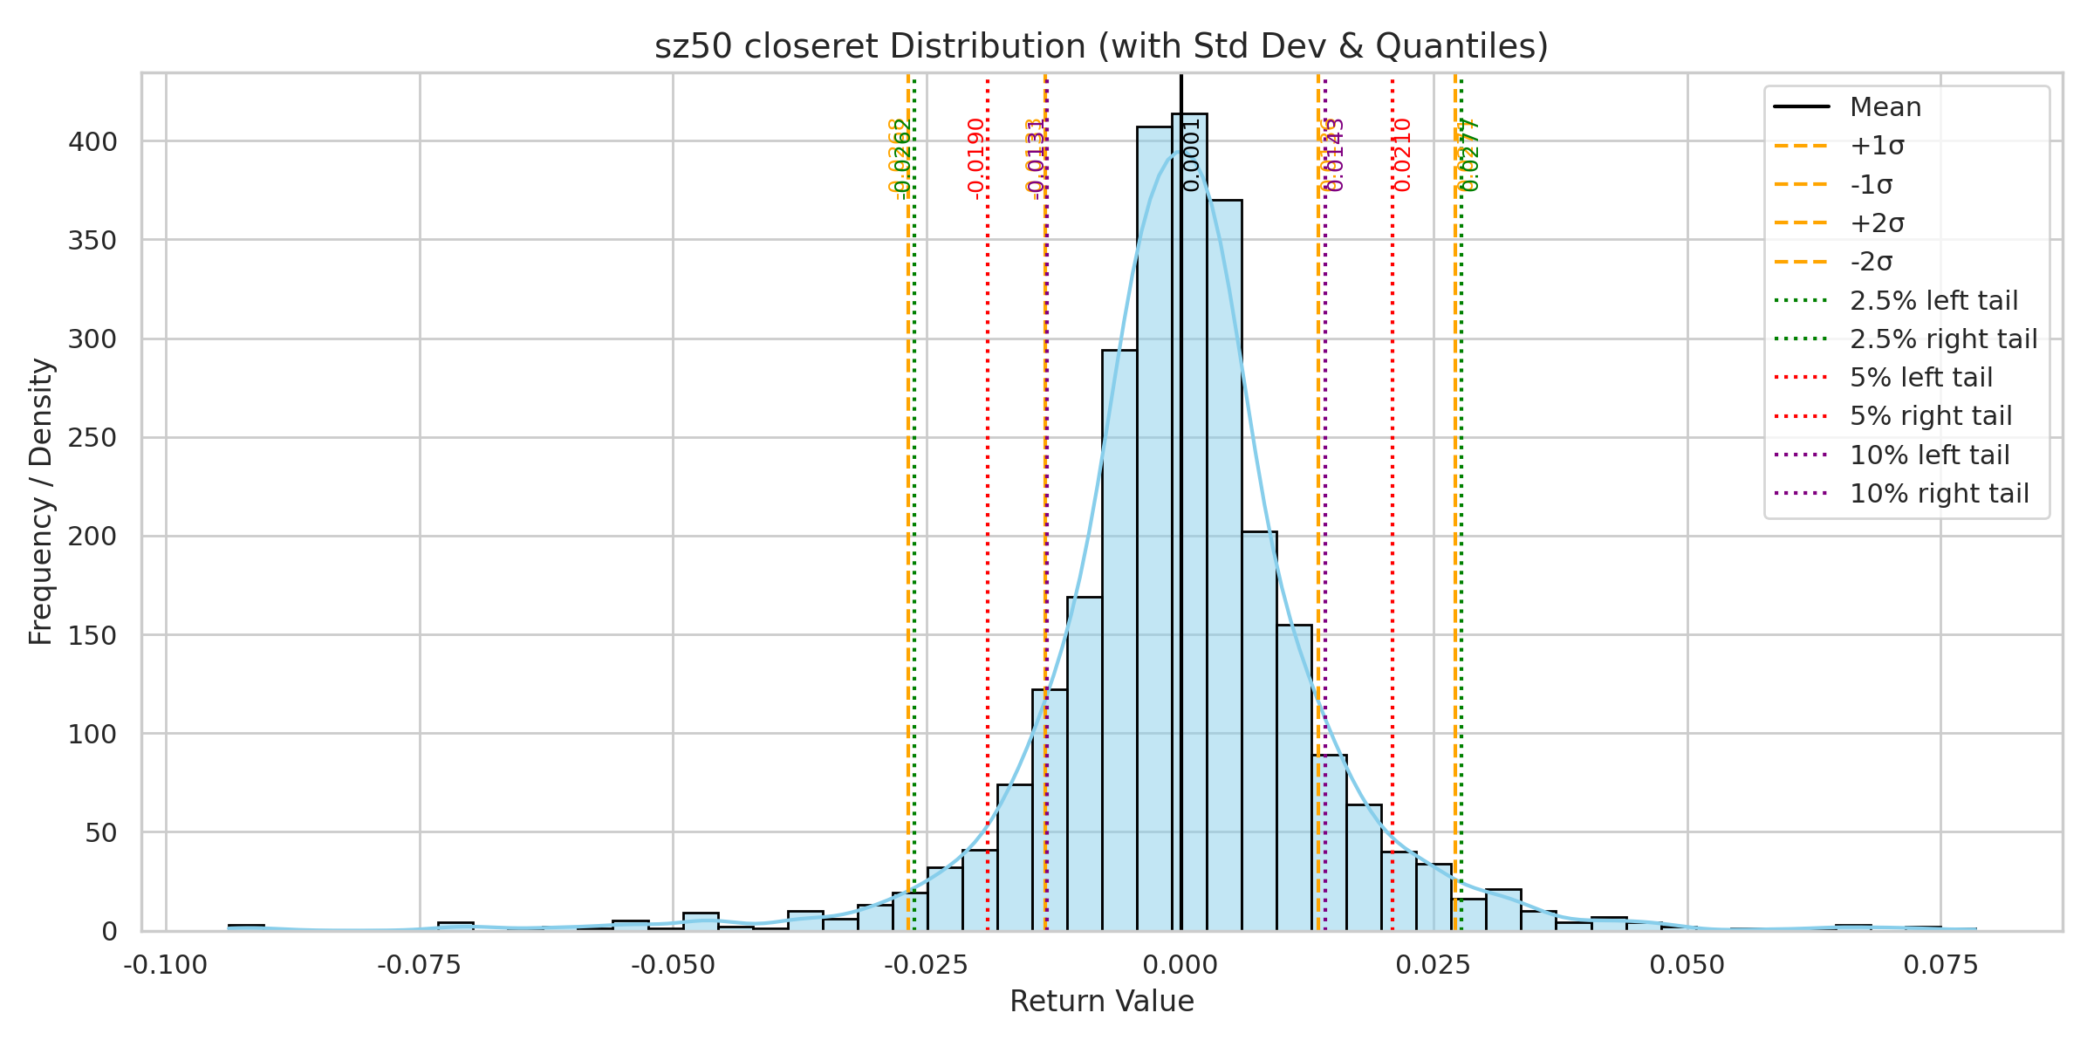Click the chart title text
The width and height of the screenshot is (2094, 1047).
(1101, 46)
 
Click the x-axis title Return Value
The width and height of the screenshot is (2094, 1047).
(1101, 1002)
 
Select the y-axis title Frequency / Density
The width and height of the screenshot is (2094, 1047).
(41, 502)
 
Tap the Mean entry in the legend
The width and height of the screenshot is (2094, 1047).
(1885, 107)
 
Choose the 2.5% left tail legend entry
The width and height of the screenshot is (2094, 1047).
(1933, 301)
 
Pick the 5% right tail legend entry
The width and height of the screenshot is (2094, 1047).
(1931, 416)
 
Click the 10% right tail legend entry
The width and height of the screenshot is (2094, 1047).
(1939, 494)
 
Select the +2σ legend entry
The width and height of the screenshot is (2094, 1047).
(1877, 223)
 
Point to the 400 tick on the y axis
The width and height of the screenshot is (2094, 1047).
(92, 141)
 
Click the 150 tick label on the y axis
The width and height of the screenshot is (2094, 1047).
(92, 636)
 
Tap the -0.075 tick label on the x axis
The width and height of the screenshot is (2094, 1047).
(420, 966)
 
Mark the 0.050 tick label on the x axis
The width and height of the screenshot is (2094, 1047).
(1687, 966)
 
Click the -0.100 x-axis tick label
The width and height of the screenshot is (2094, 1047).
(166, 966)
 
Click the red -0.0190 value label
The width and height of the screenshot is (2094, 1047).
(976, 156)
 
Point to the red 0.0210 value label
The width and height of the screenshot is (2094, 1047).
(1402, 155)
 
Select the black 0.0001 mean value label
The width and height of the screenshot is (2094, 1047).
(1192, 155)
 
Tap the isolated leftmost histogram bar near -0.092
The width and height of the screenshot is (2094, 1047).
(246, 927)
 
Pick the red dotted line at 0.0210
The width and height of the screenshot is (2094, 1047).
(1393, 523)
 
